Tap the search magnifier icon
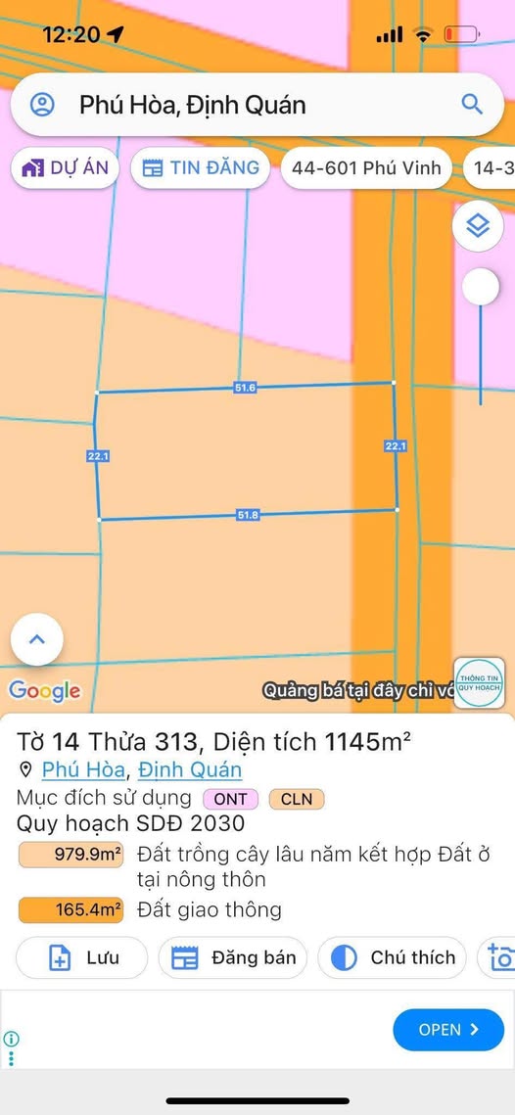coord(472,104)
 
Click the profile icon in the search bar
coord(42,105)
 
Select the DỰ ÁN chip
coord(66,167)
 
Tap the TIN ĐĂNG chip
coord(201,167)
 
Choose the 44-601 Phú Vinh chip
coord(366,167)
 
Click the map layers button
coord(478,226)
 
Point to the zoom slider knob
coord(480,287)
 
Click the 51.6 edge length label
coord(245,388)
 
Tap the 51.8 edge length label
coord(248,515)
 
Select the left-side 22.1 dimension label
coord(98,456)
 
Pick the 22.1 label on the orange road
coord(395,446)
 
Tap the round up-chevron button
coord(37,639)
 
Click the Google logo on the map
coord(44,691)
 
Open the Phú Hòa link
coord(83,770)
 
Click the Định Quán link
coord(190,770)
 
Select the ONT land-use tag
coord(231,799)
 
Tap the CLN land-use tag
coord(297,799)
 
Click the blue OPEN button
coord(448,1029)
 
